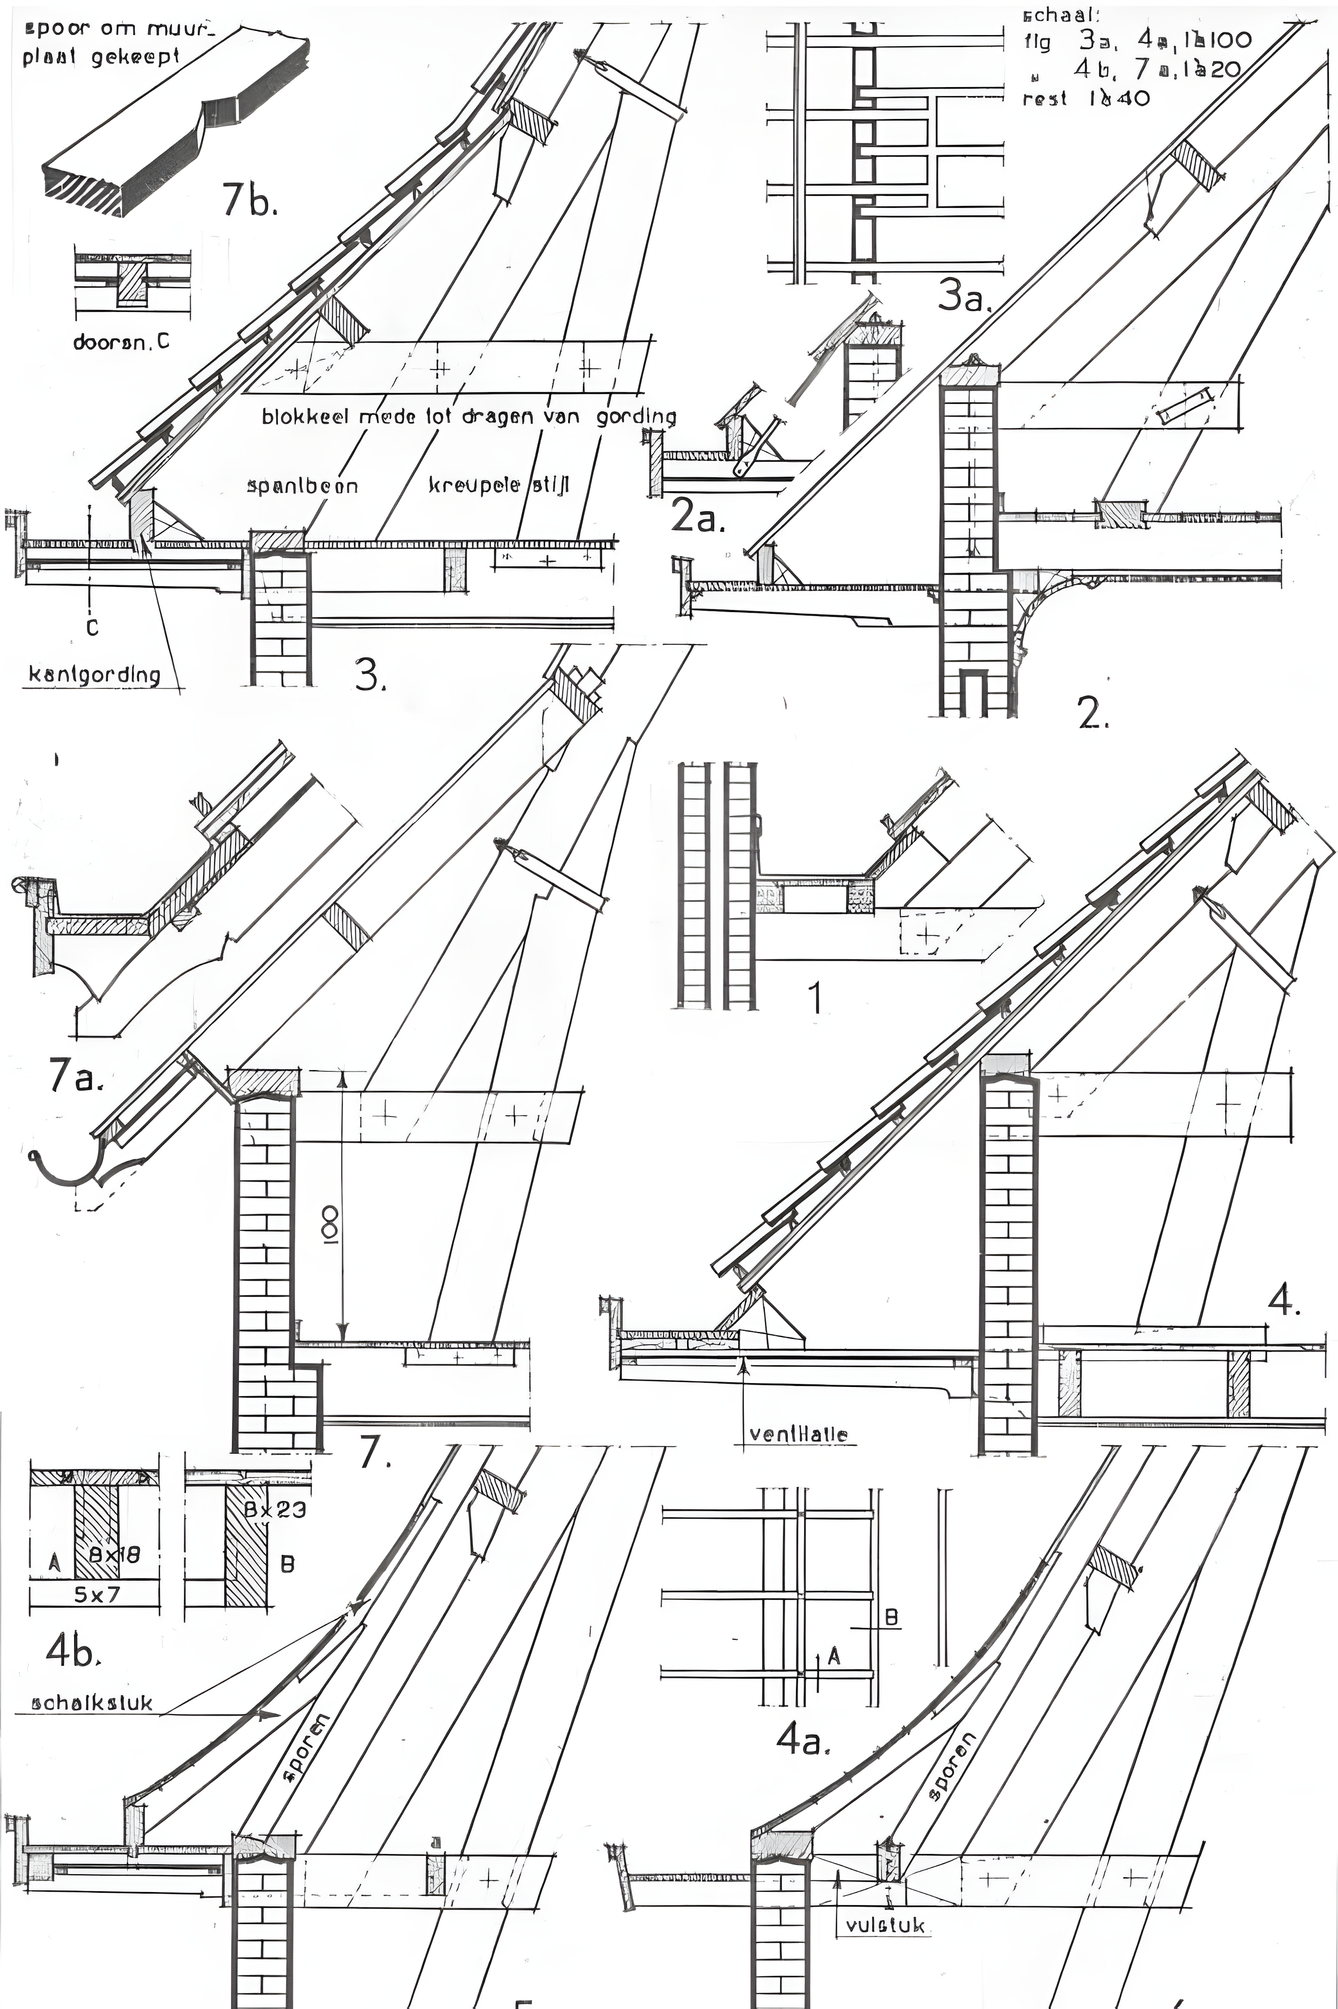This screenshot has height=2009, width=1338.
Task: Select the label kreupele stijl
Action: tap(498, 486)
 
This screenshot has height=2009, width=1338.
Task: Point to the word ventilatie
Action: tap(799, 1434)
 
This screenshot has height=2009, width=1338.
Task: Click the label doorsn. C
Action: tap(121, 342)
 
